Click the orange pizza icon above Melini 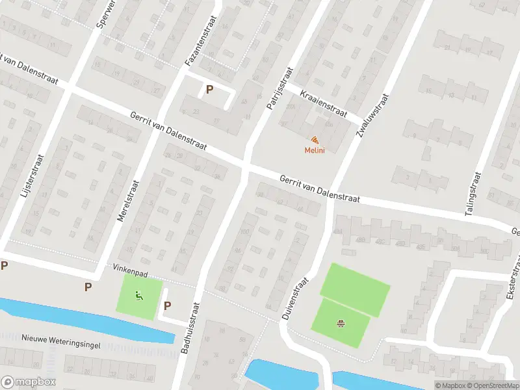[315, 140]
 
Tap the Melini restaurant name [315, 151]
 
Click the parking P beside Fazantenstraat [209, 90]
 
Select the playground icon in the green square [138, 297]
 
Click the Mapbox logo [29, 382]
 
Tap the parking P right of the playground [167, 305]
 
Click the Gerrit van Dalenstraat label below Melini [320, 188]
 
